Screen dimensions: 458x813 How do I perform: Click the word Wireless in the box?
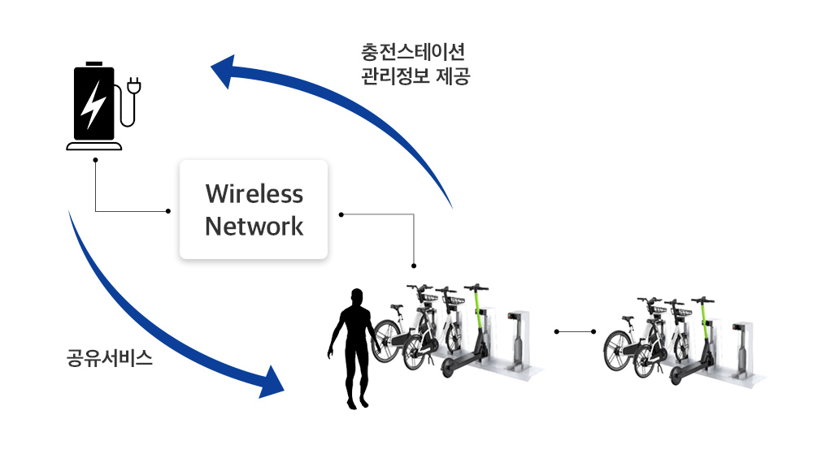tap(254, 194)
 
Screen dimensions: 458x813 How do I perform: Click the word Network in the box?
tap(254, 227)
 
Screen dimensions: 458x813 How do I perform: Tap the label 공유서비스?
tap(110, 358)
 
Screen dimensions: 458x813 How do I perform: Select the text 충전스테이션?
tap(412, 53)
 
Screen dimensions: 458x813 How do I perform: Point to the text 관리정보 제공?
tap(415, 77)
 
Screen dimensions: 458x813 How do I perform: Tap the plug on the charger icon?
tap(135, 84)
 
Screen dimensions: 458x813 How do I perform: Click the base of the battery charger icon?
tap(94, 146)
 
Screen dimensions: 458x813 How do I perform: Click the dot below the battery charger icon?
tap(95, 160)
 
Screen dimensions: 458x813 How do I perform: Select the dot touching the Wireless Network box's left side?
tap(168, 211)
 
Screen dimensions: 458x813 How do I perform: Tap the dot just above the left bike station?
tap(414, 266)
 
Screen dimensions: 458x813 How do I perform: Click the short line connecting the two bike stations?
tap(575, 331)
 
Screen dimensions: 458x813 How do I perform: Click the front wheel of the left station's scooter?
tap(449, 369)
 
